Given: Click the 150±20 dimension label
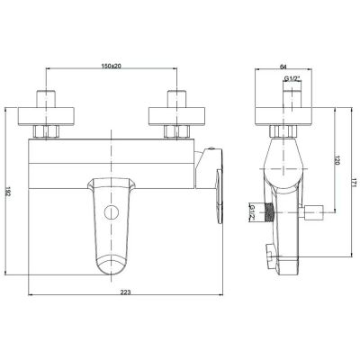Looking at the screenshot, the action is (x=111, y=67).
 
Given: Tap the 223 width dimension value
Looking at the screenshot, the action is (x=125, y=291).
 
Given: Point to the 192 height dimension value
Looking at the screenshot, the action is (x=8, y=192).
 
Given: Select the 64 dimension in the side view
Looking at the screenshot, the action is (x=283, y=67).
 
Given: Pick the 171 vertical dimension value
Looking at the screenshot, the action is (x=355, y=183).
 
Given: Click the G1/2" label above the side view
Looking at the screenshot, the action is (x=292, y=78).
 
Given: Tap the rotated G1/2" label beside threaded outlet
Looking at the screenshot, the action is (x=252, y=212).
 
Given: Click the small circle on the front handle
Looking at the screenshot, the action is (x=112, y=212).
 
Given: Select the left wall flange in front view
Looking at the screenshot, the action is (x=46, y=116).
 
